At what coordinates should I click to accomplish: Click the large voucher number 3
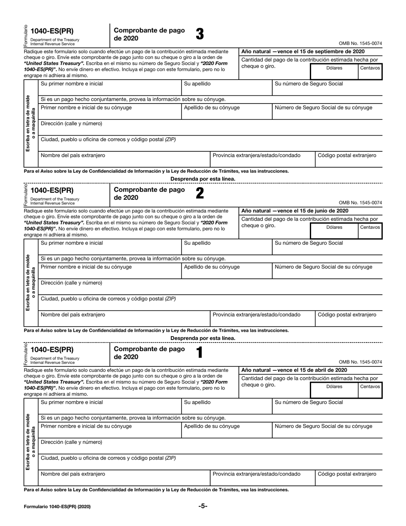[200, 34]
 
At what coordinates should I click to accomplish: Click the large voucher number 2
[199, 193]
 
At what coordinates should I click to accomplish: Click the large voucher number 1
[199, 352]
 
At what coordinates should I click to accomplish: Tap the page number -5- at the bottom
[203, 506]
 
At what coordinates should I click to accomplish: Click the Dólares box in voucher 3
[334, 71]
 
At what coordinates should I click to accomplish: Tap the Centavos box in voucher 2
[370, 230]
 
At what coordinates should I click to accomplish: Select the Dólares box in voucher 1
[334, 390]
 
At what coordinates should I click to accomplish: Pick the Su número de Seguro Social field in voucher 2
[327, 247]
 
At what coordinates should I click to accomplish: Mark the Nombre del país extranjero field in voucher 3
[124, 159]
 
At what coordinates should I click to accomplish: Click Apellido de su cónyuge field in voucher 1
[226, 430]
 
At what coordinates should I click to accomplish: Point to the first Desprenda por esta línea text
[203, 179]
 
